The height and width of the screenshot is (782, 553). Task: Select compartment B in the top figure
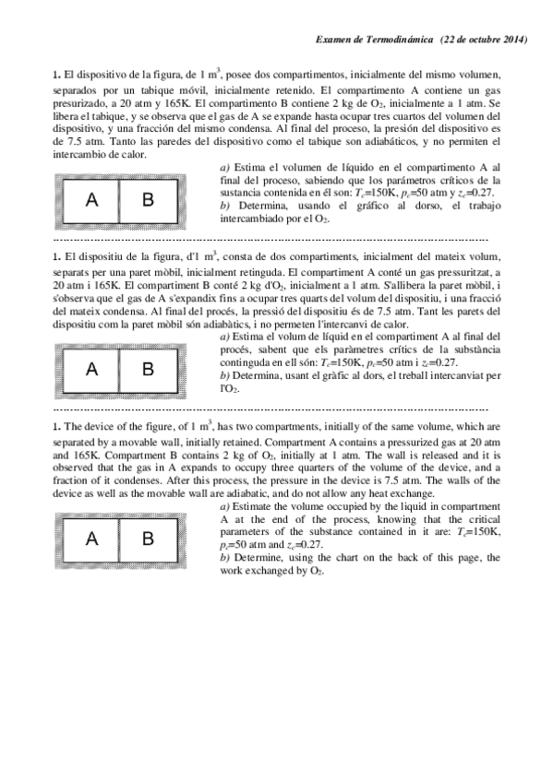point(148,200)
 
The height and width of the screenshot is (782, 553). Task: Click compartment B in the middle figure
point(148,370)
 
